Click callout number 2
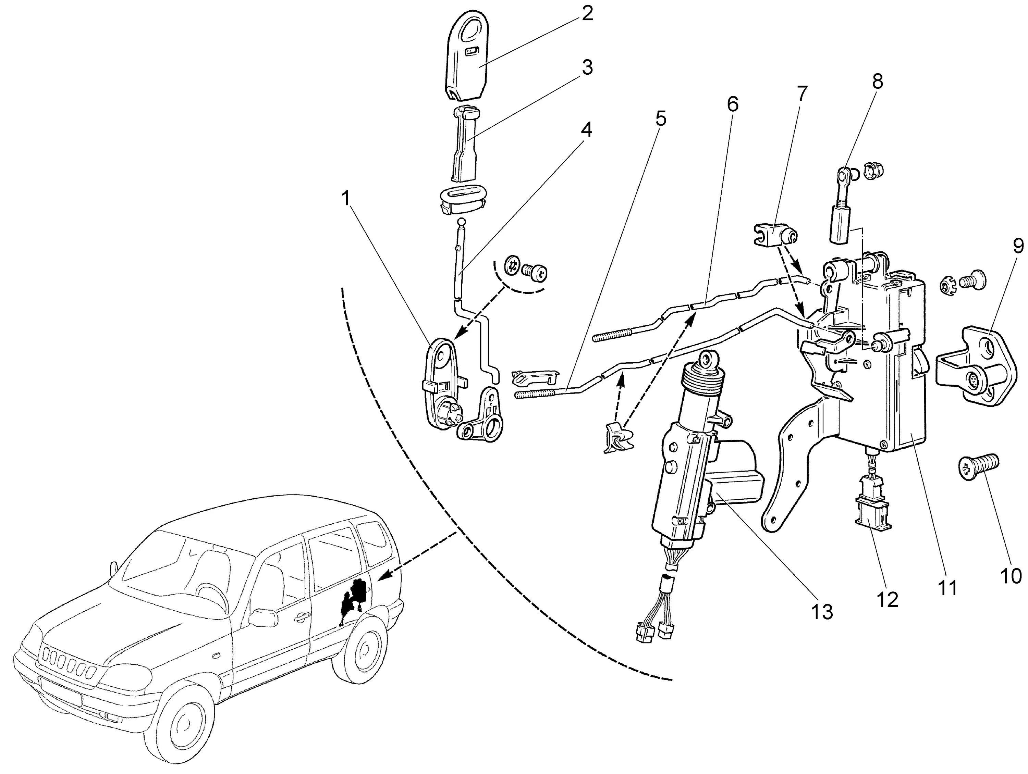pyautogui.click(x=587, y=14)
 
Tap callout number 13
pyautogui.click(x=822, y=612)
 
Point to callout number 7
pyautogui.click(x=803, y=94)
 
